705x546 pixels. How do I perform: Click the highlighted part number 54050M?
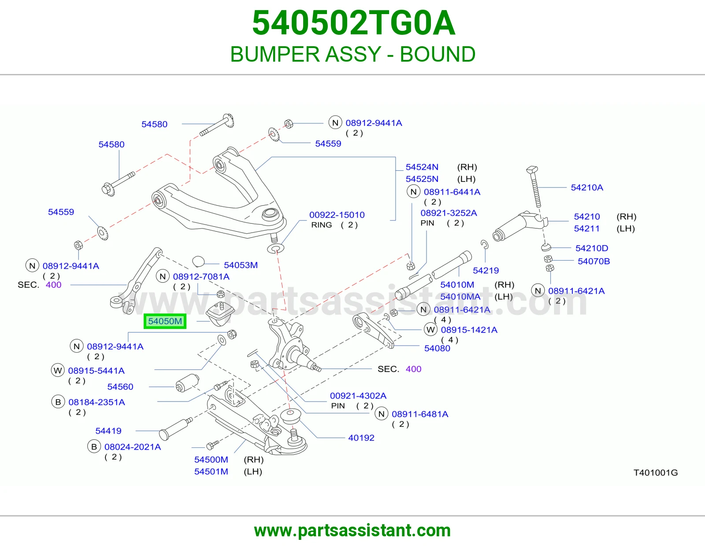point(165,321)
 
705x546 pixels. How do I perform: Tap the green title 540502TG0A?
point(354,23)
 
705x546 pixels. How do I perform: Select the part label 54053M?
point(241,265)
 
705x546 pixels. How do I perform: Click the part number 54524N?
point(422,167)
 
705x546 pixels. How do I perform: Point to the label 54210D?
point(592,248)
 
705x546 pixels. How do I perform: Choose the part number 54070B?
point(594,261)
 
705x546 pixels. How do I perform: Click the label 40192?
point(361,438)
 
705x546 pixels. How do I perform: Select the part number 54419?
point(108,431)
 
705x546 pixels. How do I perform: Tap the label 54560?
point(120,387)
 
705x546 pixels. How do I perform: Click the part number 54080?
point(438,348)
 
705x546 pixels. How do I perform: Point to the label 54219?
point(486,270)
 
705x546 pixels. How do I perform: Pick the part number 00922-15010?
point(337,214)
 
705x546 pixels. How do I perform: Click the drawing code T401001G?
point(656,473)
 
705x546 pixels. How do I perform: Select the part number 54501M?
point(211,472)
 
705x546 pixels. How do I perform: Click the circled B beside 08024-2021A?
point(94,447)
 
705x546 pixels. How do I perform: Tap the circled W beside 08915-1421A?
point(430,330)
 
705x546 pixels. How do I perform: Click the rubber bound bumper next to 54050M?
point(220,314)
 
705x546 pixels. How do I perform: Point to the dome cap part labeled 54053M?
point(198,261)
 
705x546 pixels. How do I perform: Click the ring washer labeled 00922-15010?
point(276,249)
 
